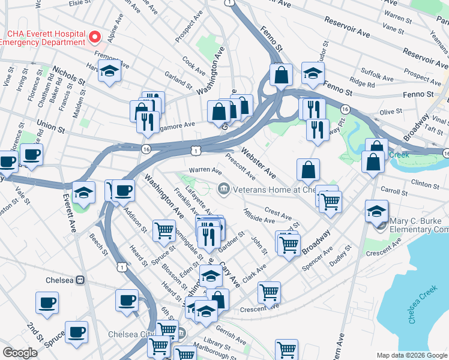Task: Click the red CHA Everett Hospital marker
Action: [x=94, y=38]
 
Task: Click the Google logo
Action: [x=20, y=353]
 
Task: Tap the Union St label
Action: [x=50, y=127]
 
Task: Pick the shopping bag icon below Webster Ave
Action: [x=308, y=170]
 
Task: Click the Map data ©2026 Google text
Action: [x=411, y=355]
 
